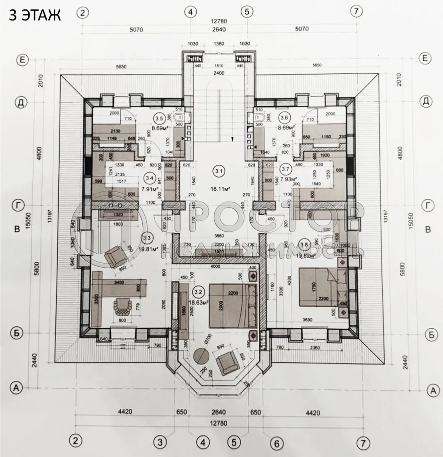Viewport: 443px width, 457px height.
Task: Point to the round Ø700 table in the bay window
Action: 201,355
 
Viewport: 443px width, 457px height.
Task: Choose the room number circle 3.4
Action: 149,178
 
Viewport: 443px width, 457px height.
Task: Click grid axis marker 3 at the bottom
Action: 160,442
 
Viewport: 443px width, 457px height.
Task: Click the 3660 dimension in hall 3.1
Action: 218,236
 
